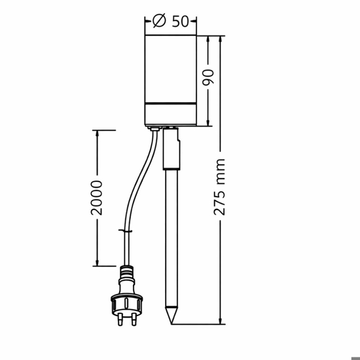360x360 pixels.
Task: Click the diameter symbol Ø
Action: (159, 21)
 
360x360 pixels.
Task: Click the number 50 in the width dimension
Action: (181, 22)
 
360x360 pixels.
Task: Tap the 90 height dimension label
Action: (208, 77)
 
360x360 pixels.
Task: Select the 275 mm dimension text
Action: (219, 187)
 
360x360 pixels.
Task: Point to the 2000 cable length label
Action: (96, 198)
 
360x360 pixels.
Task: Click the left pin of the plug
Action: (120, 319)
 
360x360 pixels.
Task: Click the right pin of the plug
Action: (134, 319)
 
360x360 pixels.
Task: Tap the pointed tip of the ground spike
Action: (171, 324)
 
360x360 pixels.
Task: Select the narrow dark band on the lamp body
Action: (171, 103)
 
